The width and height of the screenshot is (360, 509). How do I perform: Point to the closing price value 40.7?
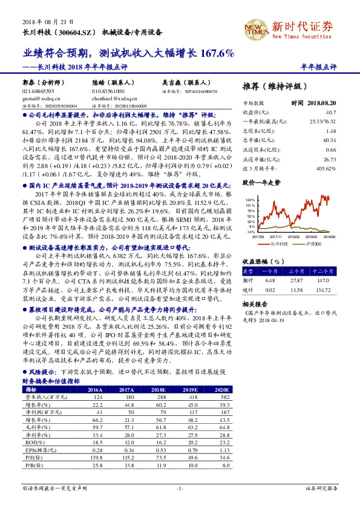[x=330, y=112]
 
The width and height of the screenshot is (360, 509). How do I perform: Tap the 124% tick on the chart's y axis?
[x=250, y=199]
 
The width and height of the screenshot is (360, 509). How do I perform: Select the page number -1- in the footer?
[x=180, y=488]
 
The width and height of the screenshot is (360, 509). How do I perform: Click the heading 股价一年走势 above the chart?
[x=261, y=181]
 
